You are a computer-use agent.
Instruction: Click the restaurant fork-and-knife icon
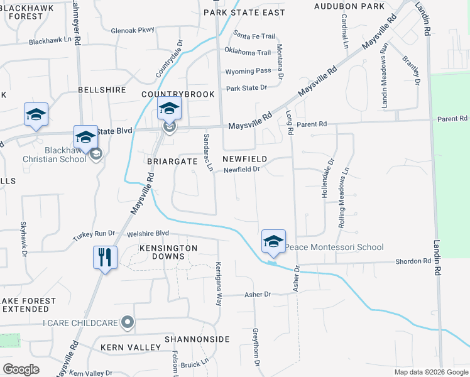tap(104, 258)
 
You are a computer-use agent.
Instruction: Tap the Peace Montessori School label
tap(334, 247)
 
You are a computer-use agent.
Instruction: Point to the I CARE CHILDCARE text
tap(80, 323)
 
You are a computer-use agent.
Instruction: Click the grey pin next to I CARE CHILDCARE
tap(128, 323)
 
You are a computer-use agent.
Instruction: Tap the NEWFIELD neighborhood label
tap(245, 159)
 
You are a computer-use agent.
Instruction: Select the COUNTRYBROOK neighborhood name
tap(178, 94)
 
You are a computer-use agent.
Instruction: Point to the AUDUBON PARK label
tap(350, 6)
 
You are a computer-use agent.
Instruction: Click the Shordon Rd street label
tap(412, 261)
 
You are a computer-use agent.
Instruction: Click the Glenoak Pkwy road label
tap(132, 30)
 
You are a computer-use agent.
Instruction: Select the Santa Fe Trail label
tap(254, 36)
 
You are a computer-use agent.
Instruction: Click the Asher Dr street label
tap(258, 294)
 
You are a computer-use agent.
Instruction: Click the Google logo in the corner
tap(21, 369)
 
